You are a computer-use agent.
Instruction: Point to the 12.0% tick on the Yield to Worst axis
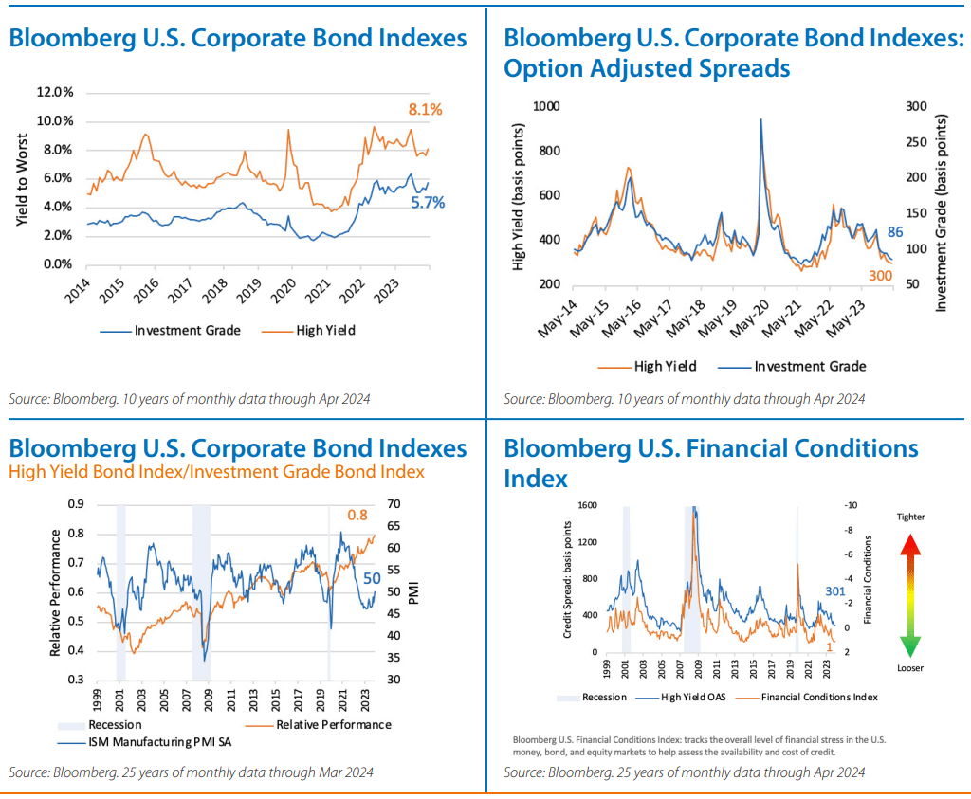54,93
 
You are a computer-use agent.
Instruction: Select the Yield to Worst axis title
22,178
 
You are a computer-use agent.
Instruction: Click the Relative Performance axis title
55,592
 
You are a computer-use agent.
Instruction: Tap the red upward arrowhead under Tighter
909,544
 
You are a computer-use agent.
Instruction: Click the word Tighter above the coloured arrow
909,517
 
